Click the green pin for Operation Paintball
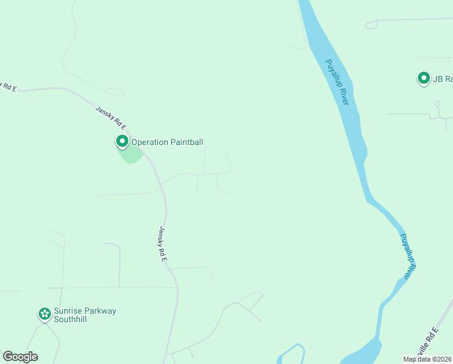[x=122, y=142]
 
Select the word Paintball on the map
[x=186, y=143]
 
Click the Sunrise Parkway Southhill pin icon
[x=44, y=314]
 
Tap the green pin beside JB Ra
[x=423, y=78]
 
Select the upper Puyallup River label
[x=337, y=82]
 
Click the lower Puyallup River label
[x=409, y=257]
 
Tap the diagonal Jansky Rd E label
[x=110, y=118]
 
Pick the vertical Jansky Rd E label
[x=162, y=243]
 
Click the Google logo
[x=20, y=357]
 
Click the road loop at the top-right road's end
[x=372, y=24]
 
